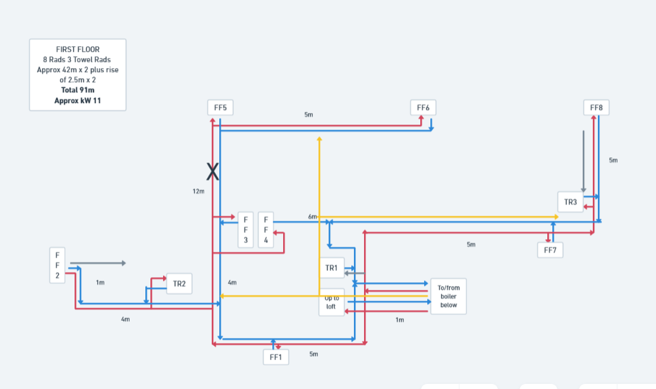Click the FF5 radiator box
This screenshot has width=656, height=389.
(x=221, y=108)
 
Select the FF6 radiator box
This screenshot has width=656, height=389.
(x=423, y=108)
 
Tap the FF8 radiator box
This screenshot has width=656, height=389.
(x=596, y=108)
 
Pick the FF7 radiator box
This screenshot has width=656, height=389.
(x=550, y=250)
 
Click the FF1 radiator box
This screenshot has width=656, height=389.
(x=276, y=357)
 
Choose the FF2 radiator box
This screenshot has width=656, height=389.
(x=58, y=266)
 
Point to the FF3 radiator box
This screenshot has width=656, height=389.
(x=246, y=230)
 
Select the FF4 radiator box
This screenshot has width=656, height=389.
(x=265, y=230)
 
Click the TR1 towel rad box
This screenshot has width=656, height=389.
(x=332, y=268)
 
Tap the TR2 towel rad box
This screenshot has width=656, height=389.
(x=179, y=283)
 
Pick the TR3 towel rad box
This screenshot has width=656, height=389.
(x=570, y=202)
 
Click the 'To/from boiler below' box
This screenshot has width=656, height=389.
(x=449, y=297)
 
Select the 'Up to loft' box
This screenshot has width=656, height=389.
(x=331, y=302)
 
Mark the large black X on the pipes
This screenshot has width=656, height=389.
(x=212, y=171)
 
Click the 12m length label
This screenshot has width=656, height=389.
(x=198, y=192)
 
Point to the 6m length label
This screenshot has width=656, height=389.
(x=313, y=216)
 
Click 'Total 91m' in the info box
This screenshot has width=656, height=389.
(x=78, y=90)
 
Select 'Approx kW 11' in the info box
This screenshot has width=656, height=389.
(x=78, y=101)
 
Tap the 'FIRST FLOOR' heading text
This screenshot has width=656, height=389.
(x=78, y=49)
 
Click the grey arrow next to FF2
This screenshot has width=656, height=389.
(x=98, y=263)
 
